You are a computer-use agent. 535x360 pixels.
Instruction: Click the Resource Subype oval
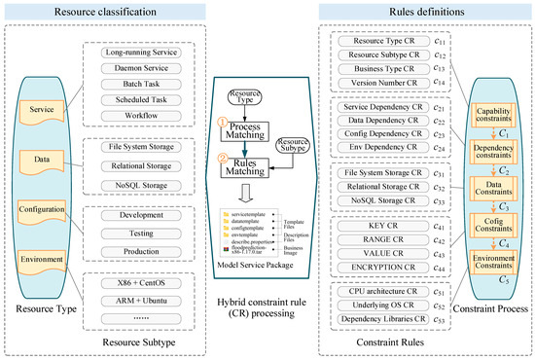(296, 145)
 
